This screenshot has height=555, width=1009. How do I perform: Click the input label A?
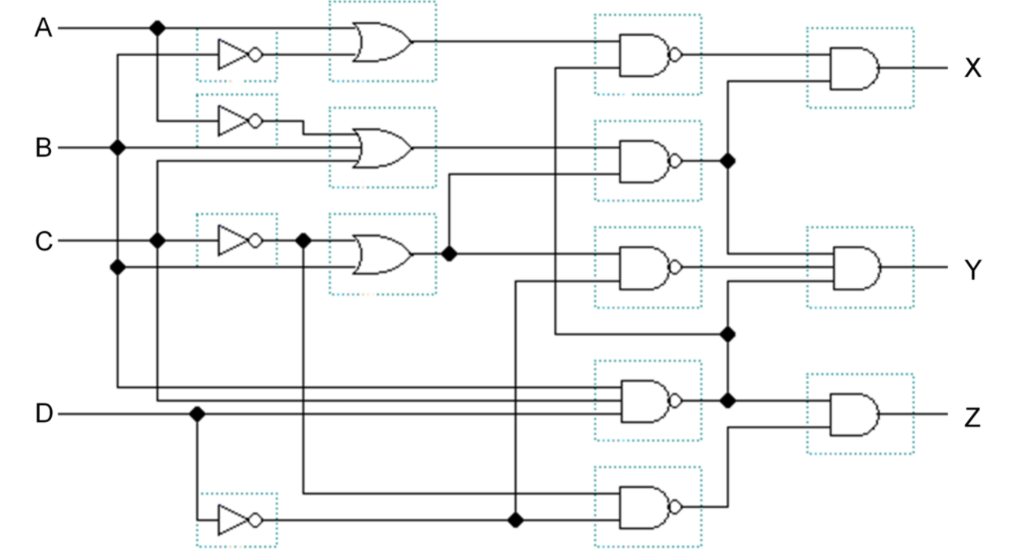42,28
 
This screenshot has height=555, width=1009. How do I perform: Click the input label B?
42,148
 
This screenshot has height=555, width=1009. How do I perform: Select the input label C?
42,241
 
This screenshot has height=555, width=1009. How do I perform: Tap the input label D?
42,414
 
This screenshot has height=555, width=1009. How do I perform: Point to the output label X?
973,68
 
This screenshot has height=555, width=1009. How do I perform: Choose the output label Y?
973,269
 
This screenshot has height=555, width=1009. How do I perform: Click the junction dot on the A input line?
157,28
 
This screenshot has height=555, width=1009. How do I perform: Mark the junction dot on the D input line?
195,414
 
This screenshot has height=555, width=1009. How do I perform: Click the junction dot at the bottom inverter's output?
514,520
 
